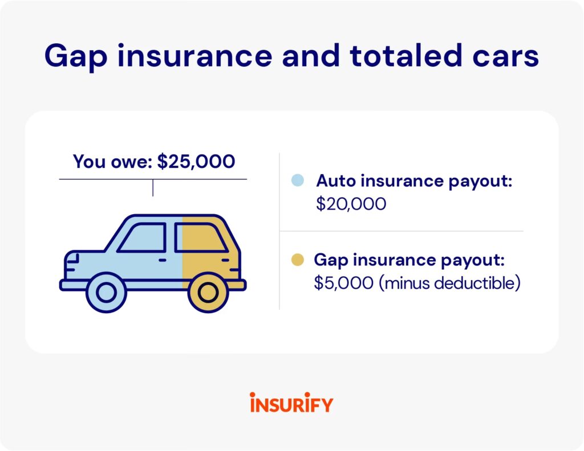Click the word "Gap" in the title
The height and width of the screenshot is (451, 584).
point(76,56)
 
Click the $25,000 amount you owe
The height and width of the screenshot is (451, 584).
point(196,162)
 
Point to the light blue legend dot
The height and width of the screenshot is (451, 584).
point(298,181)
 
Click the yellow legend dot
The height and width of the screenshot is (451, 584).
point(298,260)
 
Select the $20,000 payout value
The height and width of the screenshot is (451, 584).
point(351,204)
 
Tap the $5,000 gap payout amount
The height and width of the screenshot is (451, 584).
point(343,283)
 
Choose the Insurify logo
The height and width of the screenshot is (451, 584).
point(291,403)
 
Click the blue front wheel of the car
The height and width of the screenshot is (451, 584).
point(107,292)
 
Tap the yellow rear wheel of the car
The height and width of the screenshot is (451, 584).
point(208,292)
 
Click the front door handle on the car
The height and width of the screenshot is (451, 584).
point(163,260)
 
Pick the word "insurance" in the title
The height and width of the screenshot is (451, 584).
point(195,55)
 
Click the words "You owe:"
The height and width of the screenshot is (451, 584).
point(112,162)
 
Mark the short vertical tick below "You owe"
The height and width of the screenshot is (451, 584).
point(153,188)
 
